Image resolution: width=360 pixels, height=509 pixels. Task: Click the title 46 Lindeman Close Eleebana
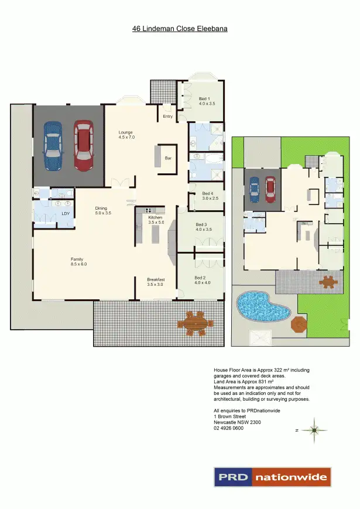tap(180, 28)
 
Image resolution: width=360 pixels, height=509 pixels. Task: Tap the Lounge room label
tap(126, 134)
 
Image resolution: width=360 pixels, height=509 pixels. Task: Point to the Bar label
tap(167, 158)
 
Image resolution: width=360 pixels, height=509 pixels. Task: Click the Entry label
tap(168, 116)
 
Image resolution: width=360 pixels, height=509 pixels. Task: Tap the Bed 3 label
tap(203, 227)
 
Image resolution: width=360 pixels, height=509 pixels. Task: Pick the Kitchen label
tap(155, 220)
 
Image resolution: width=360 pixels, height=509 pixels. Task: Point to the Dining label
tap(102, 210)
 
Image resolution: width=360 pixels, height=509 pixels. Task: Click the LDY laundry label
tap(66, 213)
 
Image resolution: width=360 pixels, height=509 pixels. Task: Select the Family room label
tap(78, 261)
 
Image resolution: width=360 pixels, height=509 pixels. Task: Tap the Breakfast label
tap(156, 282)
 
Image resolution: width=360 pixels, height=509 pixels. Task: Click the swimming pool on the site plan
tap(262, 306)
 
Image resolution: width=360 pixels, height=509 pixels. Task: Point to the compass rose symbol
tap(314, 431)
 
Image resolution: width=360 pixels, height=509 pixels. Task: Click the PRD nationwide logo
tap(272, 477)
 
